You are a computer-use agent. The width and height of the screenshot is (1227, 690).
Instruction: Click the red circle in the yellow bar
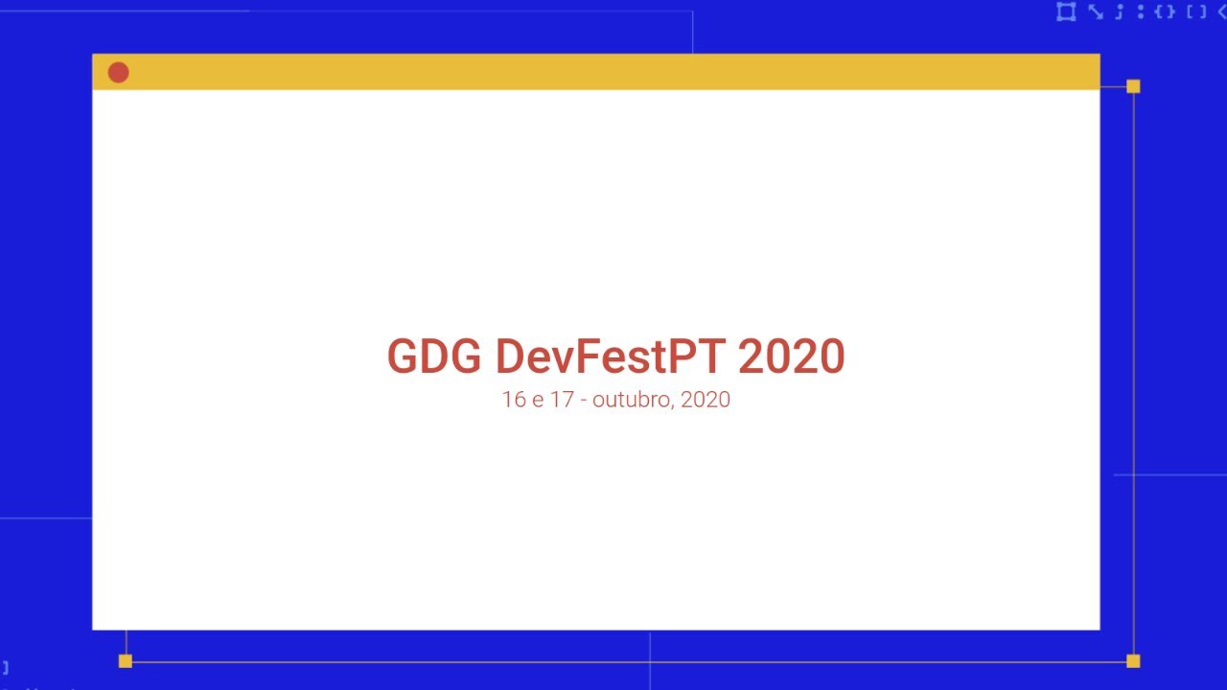[118, 73]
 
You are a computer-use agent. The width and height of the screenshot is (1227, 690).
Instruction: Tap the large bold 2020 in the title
[791, 356]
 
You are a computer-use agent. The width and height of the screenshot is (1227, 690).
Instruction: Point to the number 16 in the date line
[514, 400]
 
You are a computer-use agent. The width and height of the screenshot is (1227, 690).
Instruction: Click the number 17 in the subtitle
[562, 400]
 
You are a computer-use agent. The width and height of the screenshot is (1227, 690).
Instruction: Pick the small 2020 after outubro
[706, 400]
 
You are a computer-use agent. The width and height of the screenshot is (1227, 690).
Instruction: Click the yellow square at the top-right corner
[1133, 86]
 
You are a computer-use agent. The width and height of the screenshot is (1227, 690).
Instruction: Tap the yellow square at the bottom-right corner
[1133, 660]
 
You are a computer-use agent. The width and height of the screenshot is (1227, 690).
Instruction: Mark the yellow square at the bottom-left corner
[125, 660]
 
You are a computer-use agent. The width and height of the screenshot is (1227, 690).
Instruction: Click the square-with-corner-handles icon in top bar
[1065, 11]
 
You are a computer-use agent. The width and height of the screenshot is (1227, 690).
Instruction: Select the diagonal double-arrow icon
[1095, 11]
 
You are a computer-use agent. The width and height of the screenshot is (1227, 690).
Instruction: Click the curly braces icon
[1165, 11]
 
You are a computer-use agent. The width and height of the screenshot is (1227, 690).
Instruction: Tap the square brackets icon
[1196, 11]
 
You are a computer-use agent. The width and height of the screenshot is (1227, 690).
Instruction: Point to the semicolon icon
[1119, 11]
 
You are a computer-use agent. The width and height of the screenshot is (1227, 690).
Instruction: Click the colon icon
[1140, 11]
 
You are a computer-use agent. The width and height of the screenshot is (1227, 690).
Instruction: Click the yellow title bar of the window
[613, 72]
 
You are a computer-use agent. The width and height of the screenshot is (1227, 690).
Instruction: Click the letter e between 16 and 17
[538, 401]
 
